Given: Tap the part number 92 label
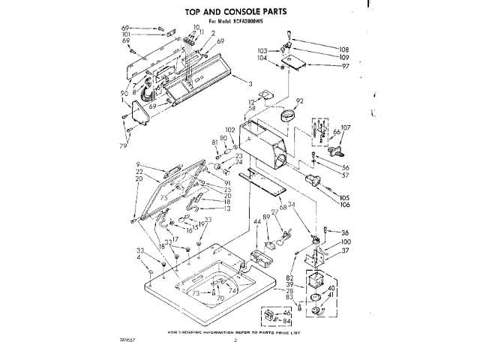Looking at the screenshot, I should [x=299, y=100].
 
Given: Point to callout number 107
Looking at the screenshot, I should [x=346, y=127].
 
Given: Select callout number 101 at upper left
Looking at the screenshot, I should [x=126, y=34].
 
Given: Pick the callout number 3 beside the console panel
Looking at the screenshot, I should [x=250, y=82].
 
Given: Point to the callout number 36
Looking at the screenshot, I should [x=346, y=232].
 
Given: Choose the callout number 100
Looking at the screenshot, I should [x=346, y=241].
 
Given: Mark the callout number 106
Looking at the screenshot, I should [x=344, y=205].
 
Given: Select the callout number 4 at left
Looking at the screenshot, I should [x=139, y=259].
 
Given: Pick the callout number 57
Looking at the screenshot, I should [x=346, y=175].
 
